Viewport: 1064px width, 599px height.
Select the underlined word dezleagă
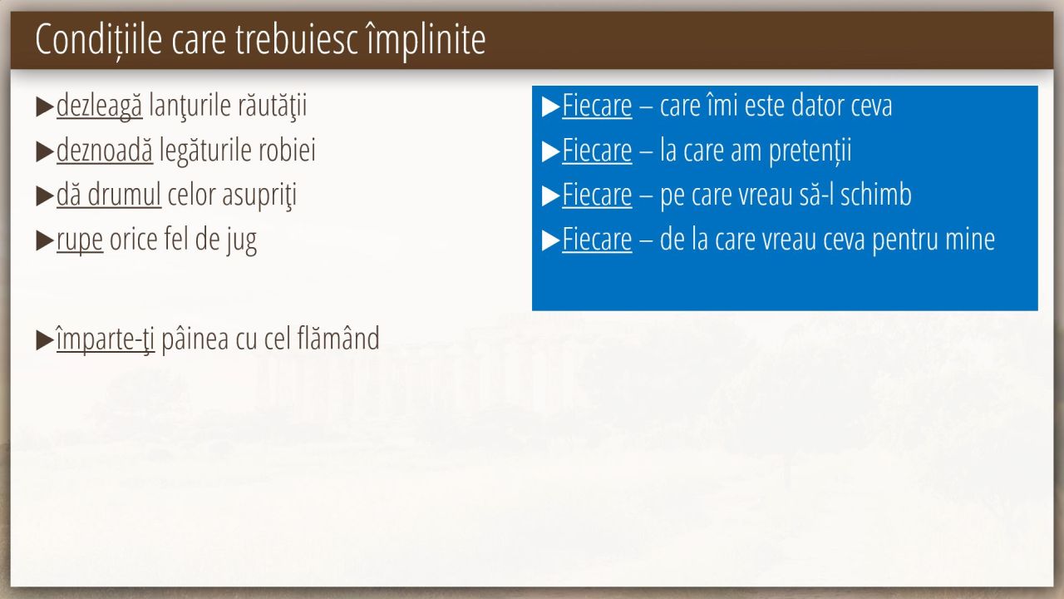[x=99, y=106]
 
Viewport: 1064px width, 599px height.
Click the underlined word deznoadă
[x=105, y=151]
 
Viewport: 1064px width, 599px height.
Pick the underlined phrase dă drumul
[x=109, y=195]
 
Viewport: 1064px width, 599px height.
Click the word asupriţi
[x=259, y=196]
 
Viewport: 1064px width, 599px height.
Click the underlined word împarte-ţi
[x=106, y=339]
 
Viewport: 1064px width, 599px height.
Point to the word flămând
[x=338, y=339]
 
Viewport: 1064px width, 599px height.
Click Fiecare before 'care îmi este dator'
[x=597, y=106]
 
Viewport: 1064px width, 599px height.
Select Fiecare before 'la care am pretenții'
[x=597, y=151]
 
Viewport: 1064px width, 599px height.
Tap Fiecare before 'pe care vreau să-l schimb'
[x=597, y=195]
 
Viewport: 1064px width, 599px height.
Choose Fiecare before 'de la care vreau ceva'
[x=597, y=239]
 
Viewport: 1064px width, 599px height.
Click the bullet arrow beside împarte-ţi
[x=45, y=340]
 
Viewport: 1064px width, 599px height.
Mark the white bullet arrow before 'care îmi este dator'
[x=550, y=107]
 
